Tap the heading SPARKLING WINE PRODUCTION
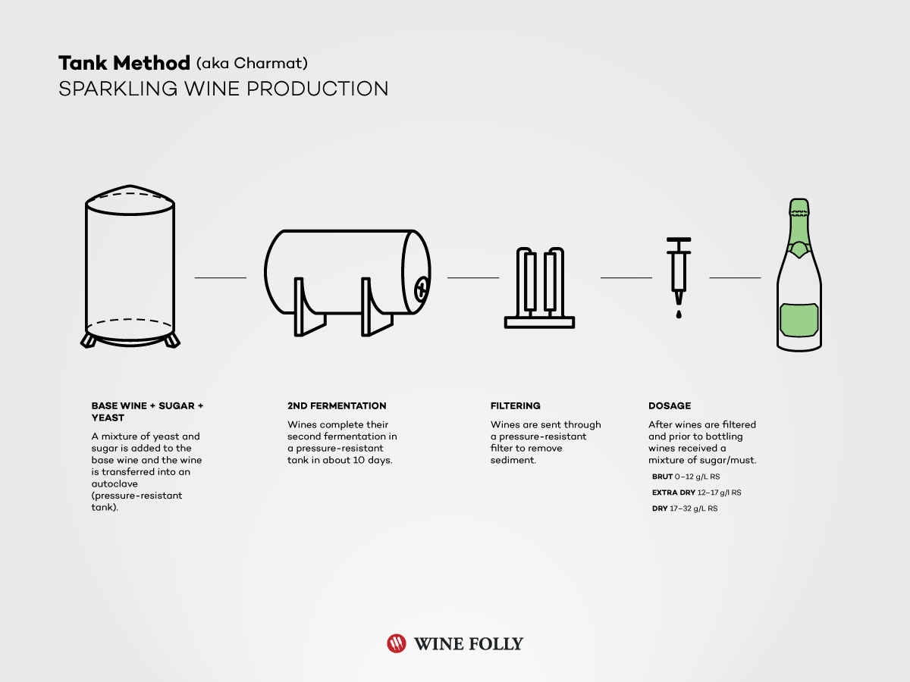[223, 89]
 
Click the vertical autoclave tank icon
[130, 265]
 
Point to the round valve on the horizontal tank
[422, 286]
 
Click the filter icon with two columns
[539, 288]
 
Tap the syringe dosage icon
[679, 269]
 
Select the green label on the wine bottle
[799, 319]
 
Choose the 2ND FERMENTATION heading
[337, 406]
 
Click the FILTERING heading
[516, 406]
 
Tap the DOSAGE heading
[670, 406]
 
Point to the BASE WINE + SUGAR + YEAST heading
[147, 411]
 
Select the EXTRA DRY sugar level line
[696, 493]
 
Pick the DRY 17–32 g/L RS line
[684, 508]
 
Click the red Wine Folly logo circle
[397, 643]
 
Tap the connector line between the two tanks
[221, 278]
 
